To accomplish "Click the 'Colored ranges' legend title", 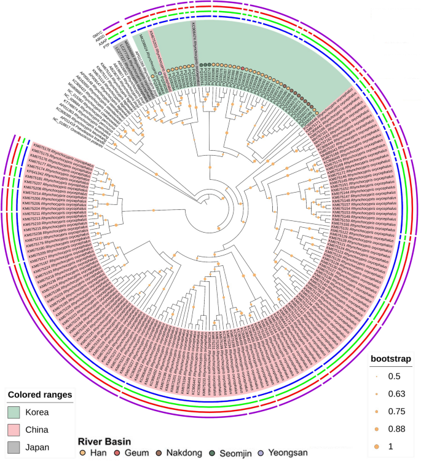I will coord(40,394).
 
